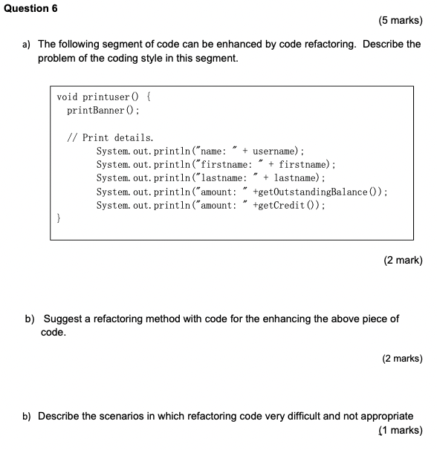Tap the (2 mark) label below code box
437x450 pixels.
[402, 261]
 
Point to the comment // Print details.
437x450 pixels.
[110, 137]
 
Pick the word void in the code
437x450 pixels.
[68, 97]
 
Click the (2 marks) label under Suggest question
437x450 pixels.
[402, 359]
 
